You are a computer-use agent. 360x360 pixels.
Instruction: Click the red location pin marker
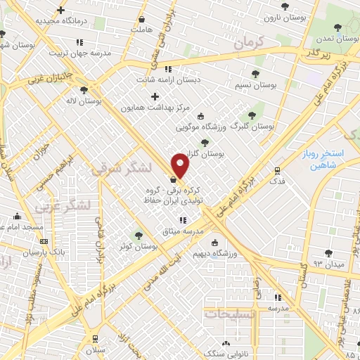[x=181, y=165]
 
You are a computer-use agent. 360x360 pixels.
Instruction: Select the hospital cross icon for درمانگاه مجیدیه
[x=61, y=11]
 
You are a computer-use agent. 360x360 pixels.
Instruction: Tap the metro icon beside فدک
[x=277, y=169]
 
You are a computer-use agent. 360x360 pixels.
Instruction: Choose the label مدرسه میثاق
[x=183, y=231]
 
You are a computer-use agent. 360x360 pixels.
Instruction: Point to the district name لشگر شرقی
[x=121, y=169]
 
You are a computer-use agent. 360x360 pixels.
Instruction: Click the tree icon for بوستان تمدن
[x=338, y=26]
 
